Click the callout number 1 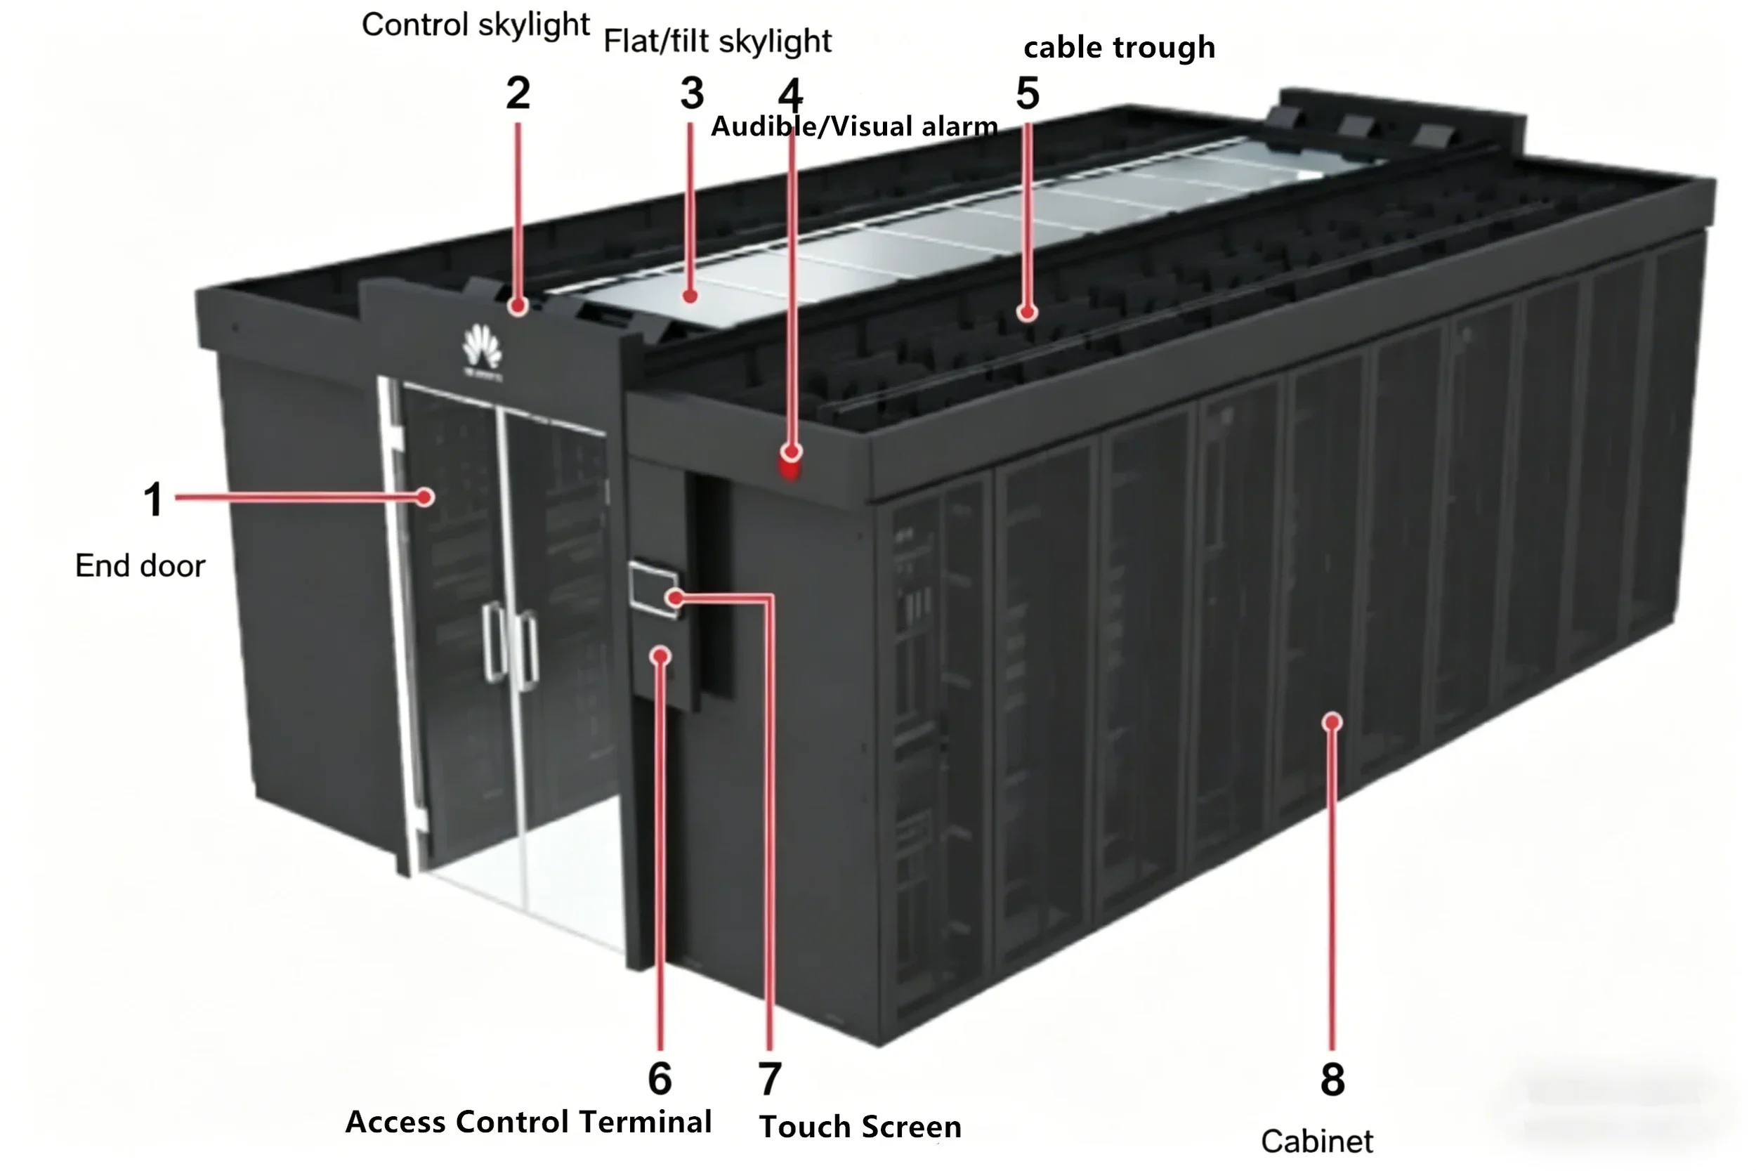[x=153, y=499]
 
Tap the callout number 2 [x=518, y=94]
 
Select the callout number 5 [x=1028, y=94]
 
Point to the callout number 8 [x=1332, y=1079]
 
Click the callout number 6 [x=660, y=1078]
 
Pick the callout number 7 [x=770, y=1079]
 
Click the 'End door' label [x=140, y=566]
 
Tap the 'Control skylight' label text [x=476, y=25]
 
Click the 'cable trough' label [x=1118, y=48]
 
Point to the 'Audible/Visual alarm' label [x=853, y=127]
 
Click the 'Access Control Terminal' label [x=528, y=1123]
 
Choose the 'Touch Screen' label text [x=860, y=1127]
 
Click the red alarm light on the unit [x=790, y=469]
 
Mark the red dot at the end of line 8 [x=1332, y=721]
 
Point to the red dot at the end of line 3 [x=690, y=296]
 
